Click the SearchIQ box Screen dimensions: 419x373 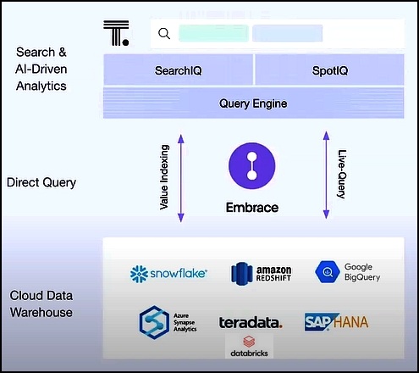pos(178,70)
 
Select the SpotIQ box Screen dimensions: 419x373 pos(329,70)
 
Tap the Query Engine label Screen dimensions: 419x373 pos(253,103)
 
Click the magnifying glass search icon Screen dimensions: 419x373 pos(164,33)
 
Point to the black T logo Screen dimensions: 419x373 pos(116,33)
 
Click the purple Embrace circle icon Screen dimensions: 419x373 pos(252,166)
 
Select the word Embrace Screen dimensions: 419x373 pos(252,208)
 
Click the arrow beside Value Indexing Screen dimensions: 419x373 pos(181,178)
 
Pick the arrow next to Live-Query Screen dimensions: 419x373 pos(326,175)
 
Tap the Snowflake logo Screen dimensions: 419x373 pos(168,274)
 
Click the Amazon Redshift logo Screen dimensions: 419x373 pos(261,274)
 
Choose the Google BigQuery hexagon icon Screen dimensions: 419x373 pos(328,272)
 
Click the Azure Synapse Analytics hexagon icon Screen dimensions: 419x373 pos(154,322)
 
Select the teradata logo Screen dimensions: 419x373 pos(251,323)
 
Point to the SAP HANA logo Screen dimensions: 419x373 pos(336,322)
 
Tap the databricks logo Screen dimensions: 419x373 pos(249,346)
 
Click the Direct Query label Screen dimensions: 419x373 pos(41,182)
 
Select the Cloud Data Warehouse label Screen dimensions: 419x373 pos(41,304)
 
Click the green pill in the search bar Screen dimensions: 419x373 pos(213,33)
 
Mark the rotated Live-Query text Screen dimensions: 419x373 pos(342,174)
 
